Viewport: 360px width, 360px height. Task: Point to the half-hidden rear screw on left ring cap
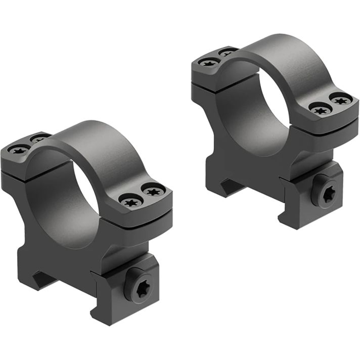click(38, 138)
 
